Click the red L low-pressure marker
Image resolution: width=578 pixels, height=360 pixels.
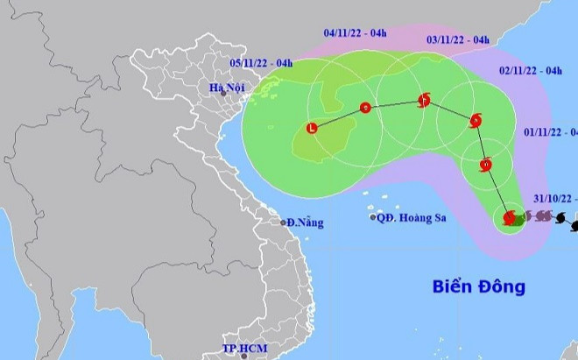click(312, 129)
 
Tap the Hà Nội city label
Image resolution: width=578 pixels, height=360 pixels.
click(224, 88)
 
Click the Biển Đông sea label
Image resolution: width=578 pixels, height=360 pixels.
click(479, 286)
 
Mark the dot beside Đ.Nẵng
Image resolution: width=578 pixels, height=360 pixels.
click(283, 222)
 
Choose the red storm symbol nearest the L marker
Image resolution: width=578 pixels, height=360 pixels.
click(365, 109)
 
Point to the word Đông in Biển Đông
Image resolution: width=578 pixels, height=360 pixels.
click(500, 286)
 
